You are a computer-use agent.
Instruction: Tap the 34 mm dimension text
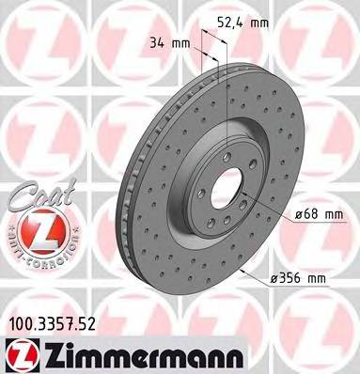pos(170,42)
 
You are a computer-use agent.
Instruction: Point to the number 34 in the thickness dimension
pos(157,42)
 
